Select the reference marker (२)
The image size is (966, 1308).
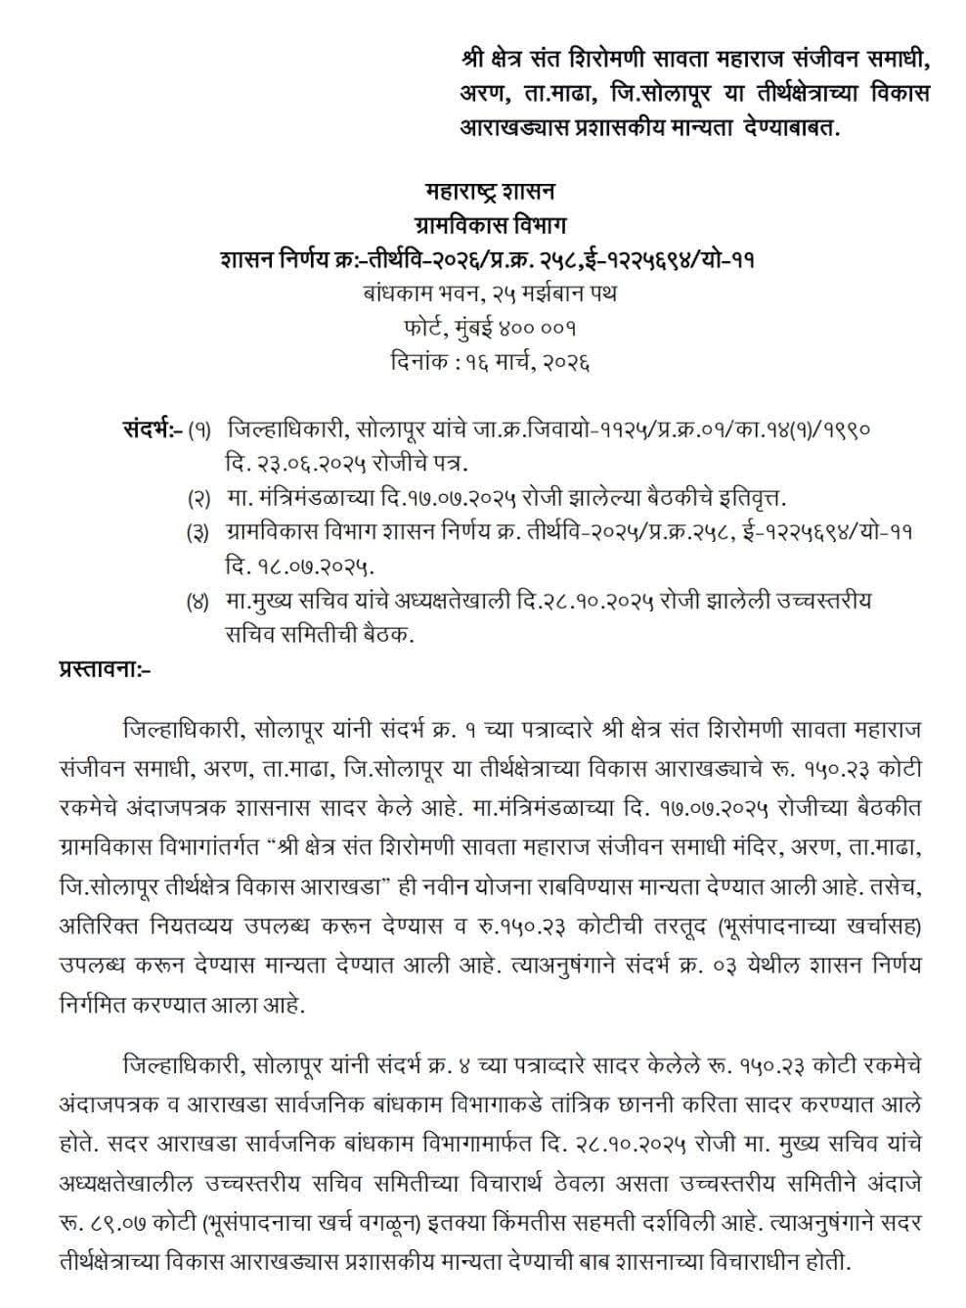tap(199, 498)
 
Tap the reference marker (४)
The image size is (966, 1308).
tap(199, 602)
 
